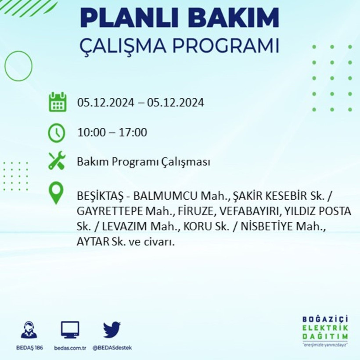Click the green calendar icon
[x=57, y=102]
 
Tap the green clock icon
[x=57, y=133]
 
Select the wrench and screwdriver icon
[x=57, y=161]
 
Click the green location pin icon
[x=56, y=193]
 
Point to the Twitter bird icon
[x=112, y=330]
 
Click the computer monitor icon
[x=70, y=330]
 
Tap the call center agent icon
[x=29, y=330]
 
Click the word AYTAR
[x=92, y=242]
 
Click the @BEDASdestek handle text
[x=112, y=348]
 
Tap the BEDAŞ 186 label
[x=29, y=348]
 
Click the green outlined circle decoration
[x=18, y=66]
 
